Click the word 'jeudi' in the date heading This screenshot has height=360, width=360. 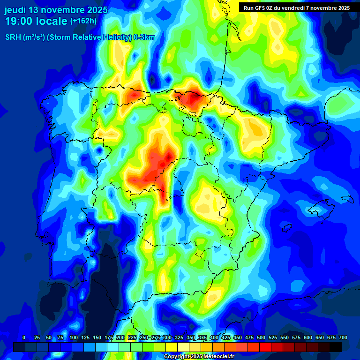coord(15,10)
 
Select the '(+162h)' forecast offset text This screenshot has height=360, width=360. coord(83,21)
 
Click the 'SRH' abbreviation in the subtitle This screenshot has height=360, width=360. coord(13,37)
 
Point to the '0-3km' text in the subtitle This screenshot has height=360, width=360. coord(144,37)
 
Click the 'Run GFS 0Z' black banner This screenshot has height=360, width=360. coord(297,7)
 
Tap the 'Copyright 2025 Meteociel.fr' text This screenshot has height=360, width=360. coord(199,357)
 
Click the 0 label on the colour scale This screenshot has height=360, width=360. coord(24,337)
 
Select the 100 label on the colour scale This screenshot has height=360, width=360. coord(74,337)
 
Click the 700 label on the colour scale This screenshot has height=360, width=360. coord(343,337)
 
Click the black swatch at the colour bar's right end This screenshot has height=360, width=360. coord(336,347)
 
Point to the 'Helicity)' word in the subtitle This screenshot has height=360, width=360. coord(116,37)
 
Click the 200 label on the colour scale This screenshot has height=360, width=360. coord(120,337)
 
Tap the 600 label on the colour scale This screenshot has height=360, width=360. coord(308,337)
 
